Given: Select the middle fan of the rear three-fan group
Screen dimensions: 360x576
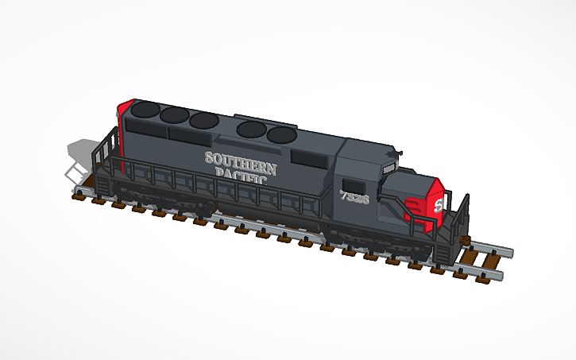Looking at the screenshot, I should coord(173,114).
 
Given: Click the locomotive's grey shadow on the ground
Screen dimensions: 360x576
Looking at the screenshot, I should coord(83,150).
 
